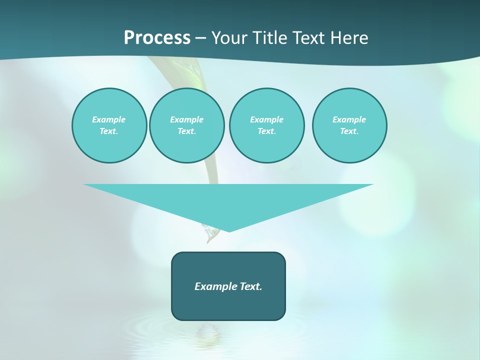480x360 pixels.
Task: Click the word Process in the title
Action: click(157, 38)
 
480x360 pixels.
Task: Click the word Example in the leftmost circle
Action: click(109, 119)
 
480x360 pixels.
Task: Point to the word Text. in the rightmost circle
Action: click(349, 131)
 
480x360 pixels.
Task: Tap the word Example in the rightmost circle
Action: click(349, 119)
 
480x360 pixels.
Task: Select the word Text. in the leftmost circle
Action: click(109, 131)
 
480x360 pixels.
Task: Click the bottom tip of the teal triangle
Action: click(229, 230)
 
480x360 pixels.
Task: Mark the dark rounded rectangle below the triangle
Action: click(228, 305)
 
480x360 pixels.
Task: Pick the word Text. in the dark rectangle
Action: click(251, 286)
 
